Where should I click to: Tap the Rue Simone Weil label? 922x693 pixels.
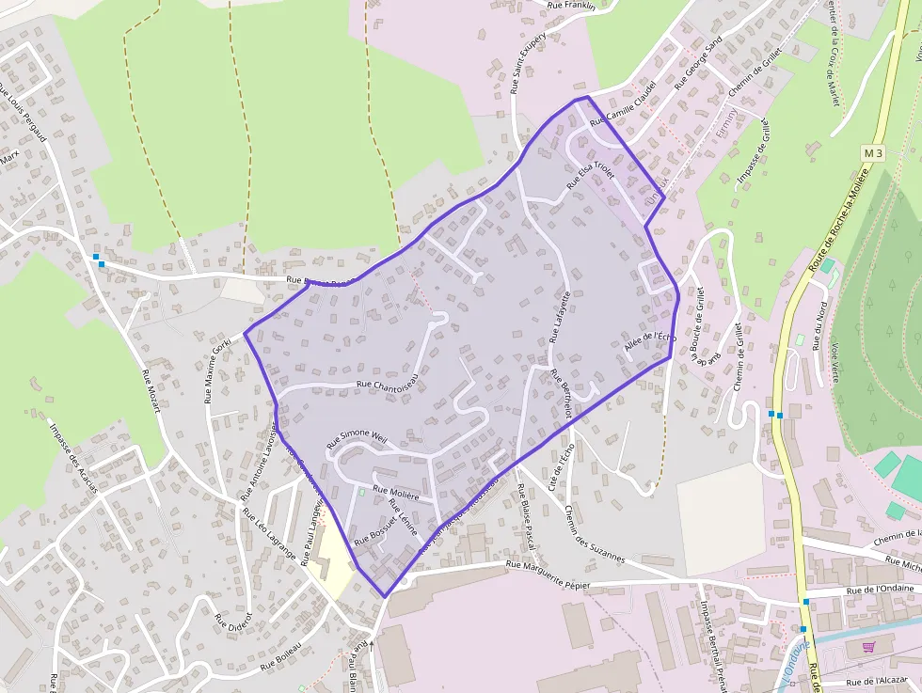click(357, 438)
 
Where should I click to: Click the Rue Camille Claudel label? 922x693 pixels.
click(622, 111)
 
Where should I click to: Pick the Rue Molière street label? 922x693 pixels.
click(396, 491)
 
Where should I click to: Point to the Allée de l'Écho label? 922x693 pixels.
click(650, 344)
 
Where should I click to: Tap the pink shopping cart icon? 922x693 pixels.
click(867, 647)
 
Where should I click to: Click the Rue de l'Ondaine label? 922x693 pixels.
click(880, 589)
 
